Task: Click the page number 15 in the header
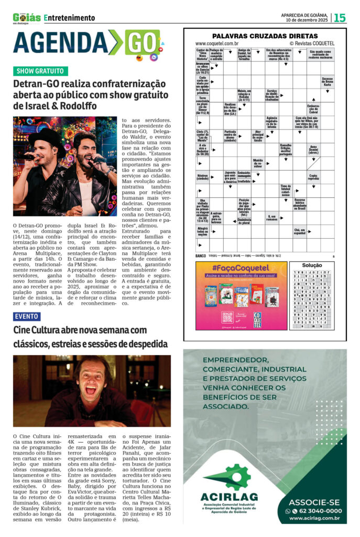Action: (340, 18)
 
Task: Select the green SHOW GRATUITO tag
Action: (40, 71)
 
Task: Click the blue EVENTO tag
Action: (26, 316)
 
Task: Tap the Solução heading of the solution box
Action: (312, 266)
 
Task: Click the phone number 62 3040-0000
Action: (318, 511)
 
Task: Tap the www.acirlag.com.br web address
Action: (315, 519)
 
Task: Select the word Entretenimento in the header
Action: (70, 18)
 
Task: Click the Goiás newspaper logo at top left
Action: (26, 17)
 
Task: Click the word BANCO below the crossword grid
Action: (200, 255)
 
